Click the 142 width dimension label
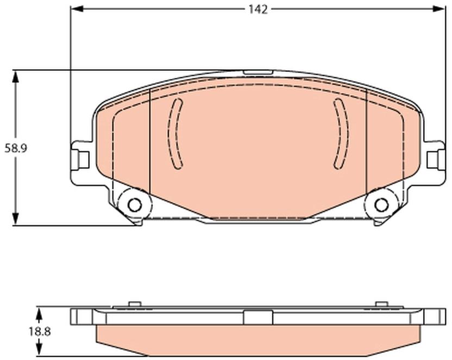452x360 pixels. coord(258,10)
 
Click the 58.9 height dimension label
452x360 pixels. coord(16,148)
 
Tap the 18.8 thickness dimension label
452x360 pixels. coord(40,332)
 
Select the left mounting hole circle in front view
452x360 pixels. coord(135,205)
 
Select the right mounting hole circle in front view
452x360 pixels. coord(381,205)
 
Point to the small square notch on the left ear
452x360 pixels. coord(84,160)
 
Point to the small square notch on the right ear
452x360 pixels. coord(432,160)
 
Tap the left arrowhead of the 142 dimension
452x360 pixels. coord(77,9)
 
